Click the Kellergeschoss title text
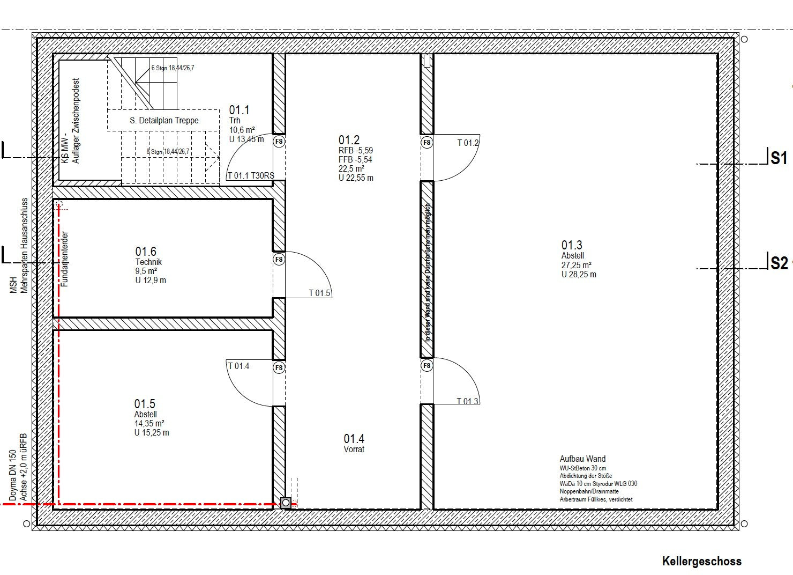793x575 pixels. (x=701, y=561)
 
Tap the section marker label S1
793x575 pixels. (x=779, y=158)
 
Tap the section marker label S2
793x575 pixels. (x=779, y=263)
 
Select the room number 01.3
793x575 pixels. (x=572, y=246)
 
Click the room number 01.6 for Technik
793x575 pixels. (x=145, y=252)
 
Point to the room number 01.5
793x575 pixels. (x=145, y=404)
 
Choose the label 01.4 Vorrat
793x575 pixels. (x=354, y=444)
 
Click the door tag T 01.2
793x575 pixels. (x=468, y=143)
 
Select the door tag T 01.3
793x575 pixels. (x=467, y=401)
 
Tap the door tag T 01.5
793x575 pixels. (x=319, y=293)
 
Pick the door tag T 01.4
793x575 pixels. (x=238, y=366)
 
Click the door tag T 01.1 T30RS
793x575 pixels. (x=250, y=175)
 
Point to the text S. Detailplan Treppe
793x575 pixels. (x=164, y=121)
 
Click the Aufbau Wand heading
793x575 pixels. (x=582, y=459)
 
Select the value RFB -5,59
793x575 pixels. (x=355, y=151)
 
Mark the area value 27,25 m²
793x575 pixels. (x=576, y=265)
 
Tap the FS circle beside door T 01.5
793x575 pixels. (x=279, y=260)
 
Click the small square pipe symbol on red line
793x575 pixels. (x=286, y=503)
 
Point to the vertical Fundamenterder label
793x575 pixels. (x=65, y=259)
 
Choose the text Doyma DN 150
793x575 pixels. (x=13, y=476)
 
